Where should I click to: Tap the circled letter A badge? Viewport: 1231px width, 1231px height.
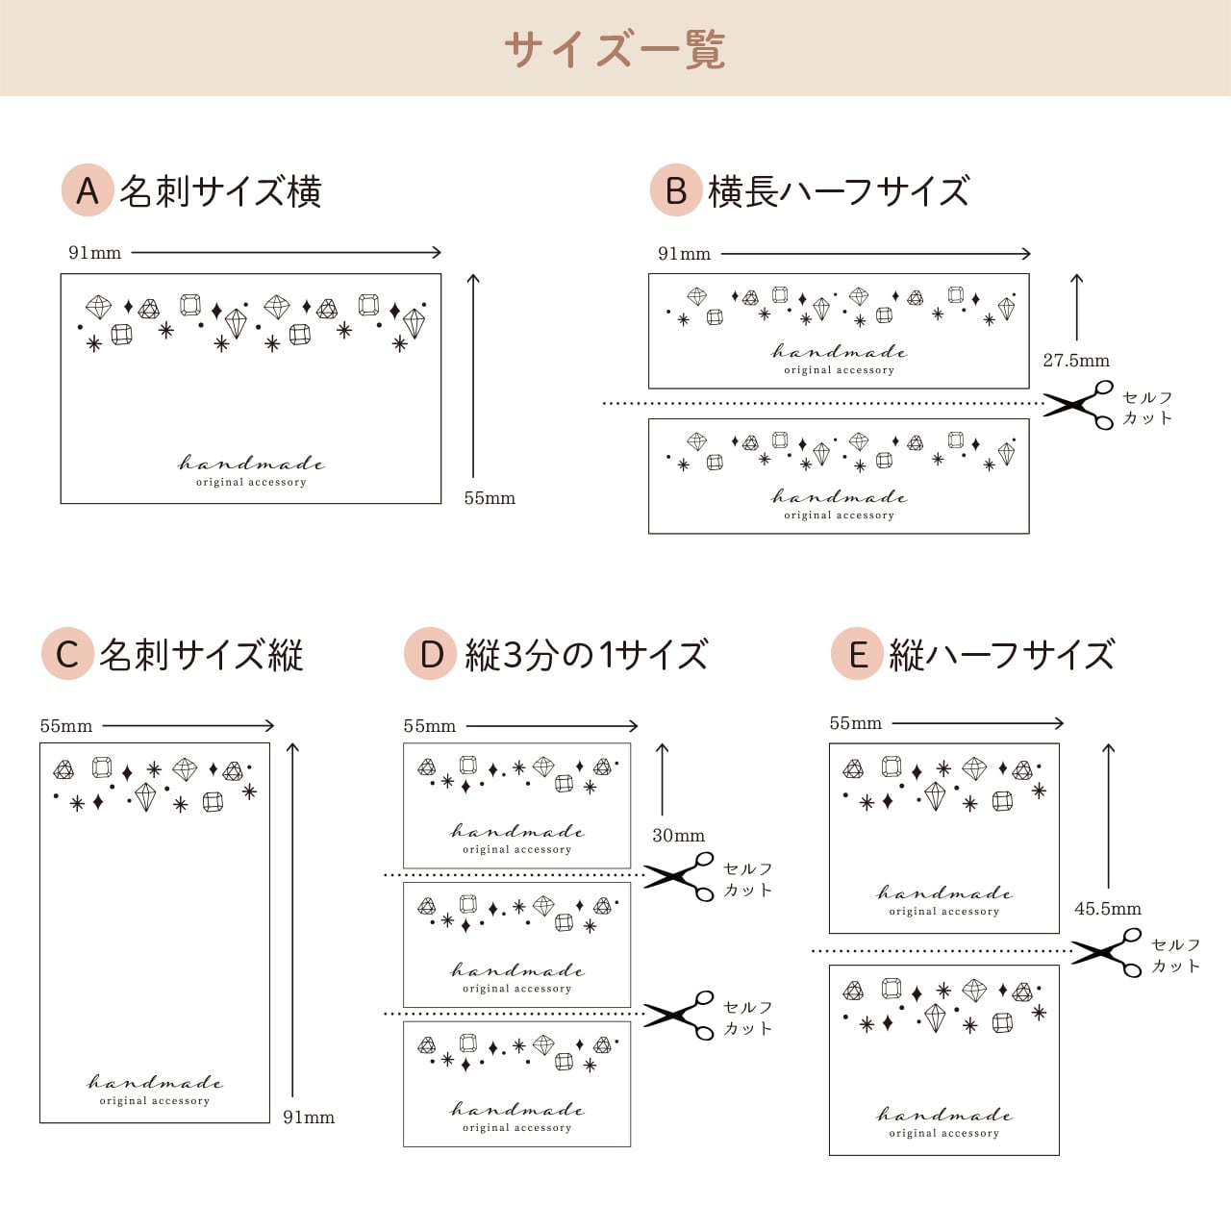88,190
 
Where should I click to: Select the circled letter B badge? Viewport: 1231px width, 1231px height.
676,190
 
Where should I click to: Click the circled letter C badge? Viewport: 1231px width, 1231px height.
67,654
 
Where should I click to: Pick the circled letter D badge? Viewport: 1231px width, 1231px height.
430,654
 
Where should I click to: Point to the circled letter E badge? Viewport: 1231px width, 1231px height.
857,654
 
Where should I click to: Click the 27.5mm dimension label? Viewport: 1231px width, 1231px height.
1076,361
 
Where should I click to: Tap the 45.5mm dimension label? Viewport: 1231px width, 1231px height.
1108,909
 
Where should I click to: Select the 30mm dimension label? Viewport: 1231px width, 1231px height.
678,836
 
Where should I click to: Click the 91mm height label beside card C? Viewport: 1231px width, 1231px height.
309,1118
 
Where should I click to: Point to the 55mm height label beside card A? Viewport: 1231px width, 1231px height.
490,498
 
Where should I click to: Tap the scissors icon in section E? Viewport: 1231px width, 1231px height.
1107,952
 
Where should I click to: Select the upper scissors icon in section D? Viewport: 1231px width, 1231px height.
680,875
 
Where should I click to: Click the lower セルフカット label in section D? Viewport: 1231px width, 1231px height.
748,1017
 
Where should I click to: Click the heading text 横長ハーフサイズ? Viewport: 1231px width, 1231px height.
839,191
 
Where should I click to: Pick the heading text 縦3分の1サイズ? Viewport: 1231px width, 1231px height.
587,655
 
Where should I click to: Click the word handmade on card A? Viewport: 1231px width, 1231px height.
251,464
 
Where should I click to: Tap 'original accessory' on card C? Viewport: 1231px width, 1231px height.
155,1101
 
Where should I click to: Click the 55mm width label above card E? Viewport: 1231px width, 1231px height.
856,723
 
